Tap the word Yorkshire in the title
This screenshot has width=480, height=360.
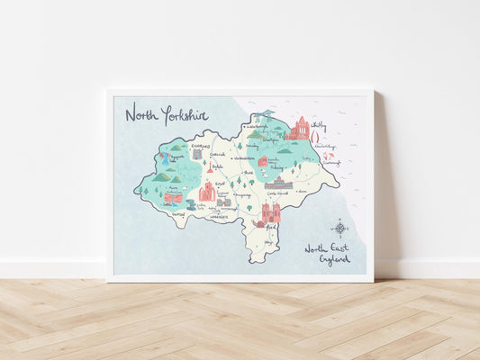tap(185, 113)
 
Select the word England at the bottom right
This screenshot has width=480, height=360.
tap(334, 259)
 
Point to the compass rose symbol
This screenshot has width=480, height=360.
tap(340, 227)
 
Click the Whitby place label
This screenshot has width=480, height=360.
tap(319, 126)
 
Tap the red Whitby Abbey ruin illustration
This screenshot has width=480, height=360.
tap(299, 130)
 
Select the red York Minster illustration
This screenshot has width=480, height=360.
tap(270, 212)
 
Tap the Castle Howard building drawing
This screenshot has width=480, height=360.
tap(277, 184)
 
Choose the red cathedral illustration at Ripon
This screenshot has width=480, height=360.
tap(207, 191)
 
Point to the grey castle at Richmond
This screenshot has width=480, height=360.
tap(197, 154)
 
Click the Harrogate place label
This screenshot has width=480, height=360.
tap(219, 217)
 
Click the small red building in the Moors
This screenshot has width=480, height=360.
tap(263, 162)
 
